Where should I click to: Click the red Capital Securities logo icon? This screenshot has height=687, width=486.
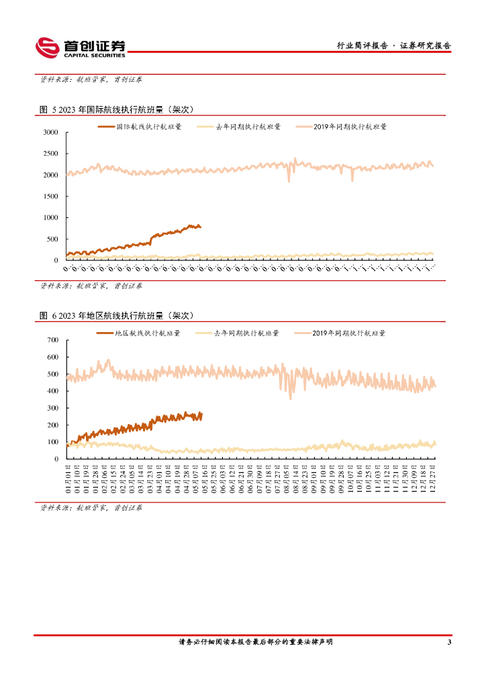(x=48, y=47)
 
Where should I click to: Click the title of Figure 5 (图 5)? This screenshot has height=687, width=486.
(x=117, y=110)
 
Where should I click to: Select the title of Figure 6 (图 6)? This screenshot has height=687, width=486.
(x=117, y=315)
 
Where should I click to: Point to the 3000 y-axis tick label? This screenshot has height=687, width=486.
(x=51, y=133)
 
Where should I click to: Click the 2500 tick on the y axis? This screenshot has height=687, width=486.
(x=51, y=154)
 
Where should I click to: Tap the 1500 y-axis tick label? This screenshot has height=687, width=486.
(x=51, y=197)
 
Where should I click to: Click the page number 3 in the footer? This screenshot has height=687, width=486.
(x=448, y=643)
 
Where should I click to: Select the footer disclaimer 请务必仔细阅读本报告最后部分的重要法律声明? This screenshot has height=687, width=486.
(x=255, y=642)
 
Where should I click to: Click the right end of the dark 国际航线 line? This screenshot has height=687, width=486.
(x=199, y=227)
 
